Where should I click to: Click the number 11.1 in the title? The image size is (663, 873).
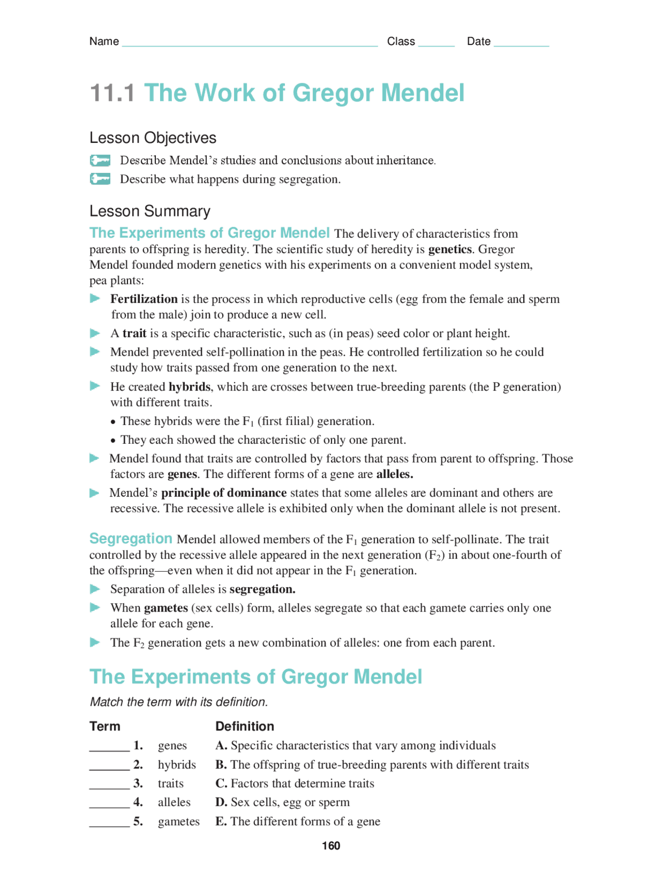112,93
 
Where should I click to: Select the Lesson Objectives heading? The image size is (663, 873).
153,138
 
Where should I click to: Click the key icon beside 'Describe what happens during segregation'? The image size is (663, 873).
100,179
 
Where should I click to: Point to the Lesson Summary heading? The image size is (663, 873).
150,211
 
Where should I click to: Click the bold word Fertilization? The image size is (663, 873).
143,299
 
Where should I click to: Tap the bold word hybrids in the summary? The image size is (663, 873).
189,387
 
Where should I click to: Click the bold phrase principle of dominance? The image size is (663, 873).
224,492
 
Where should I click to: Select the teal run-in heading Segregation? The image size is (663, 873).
131,539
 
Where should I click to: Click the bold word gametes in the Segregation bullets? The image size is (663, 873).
166,608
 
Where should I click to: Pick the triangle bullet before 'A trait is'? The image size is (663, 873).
95,333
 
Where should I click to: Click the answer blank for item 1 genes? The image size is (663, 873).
109,747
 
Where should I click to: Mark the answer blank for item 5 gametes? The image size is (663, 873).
109,823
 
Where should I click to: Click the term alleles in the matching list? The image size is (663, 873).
174,802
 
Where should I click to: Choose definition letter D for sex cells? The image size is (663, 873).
221,802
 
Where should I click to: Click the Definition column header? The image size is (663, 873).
244,726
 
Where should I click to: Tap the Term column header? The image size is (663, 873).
105,726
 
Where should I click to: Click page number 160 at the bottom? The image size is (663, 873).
331,846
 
